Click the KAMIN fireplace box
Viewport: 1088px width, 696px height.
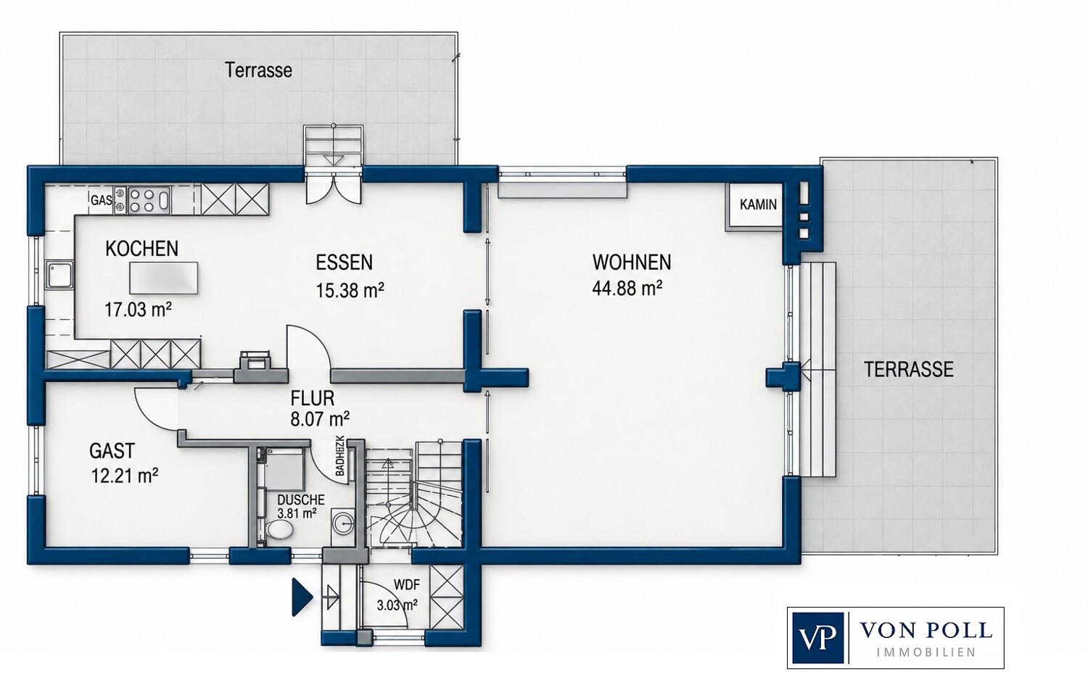[x=754, y=206]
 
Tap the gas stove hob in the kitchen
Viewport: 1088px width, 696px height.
[x=142, y=201]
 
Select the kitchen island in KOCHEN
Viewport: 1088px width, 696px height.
[x=164, y=278]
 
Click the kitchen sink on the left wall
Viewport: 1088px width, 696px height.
[x=59, y=275]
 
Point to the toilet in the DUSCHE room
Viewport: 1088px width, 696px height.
[x=279, y=530]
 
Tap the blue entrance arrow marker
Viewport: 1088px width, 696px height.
[x=302, y=597]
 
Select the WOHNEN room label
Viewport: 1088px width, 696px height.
[x=632, y=262]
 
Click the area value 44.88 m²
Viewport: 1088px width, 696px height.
[x=627, y=289]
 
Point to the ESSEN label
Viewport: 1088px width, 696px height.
[x=344, y=262]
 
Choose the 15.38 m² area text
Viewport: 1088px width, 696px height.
[x=350, y=290]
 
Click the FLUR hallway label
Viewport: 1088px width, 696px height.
[x=313, y=399]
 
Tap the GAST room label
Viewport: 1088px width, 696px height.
[x=112, y=451]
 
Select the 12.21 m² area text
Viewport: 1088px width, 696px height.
[x=125, y=476]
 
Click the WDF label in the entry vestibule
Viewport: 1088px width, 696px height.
[x=406, y=585]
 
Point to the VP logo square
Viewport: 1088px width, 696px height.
[x=817, y=638]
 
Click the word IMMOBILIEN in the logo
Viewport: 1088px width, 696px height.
[x=926, y=652]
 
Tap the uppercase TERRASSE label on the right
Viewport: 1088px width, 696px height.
[x=908, y=370]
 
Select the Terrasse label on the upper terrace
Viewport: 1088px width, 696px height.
[x=258, y=70]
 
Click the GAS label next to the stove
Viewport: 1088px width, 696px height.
[x=101, y=200]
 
